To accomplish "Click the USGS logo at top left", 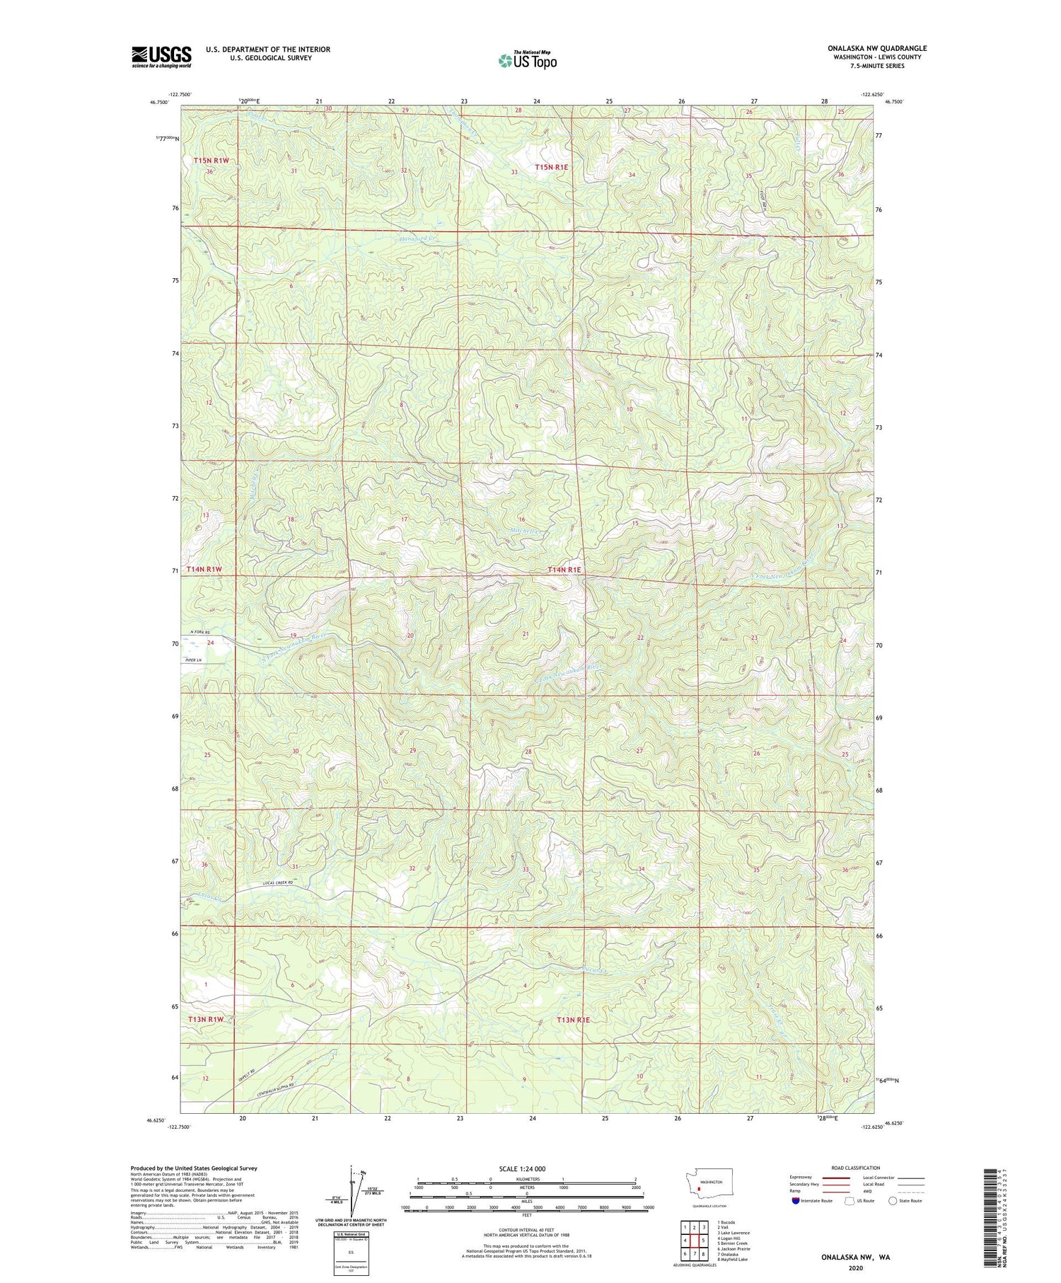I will pos(161,57).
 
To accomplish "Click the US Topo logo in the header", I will pos(528,61).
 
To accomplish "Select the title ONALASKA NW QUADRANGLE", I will pos(876,48).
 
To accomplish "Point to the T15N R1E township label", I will pos(552,167).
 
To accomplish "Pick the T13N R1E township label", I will pos(573,1020).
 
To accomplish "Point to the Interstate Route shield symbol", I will pos(795,1200).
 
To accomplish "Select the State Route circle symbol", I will pos(893,1200).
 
